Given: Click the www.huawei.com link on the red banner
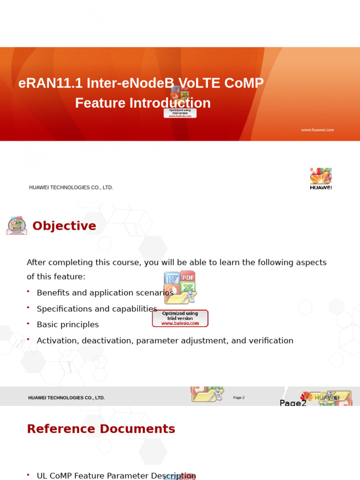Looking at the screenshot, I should pos(317,130).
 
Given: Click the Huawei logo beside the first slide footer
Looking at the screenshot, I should pos(321,179).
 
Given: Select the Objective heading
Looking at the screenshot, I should pos(64,226).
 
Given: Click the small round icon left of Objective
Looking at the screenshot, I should pos(17,225).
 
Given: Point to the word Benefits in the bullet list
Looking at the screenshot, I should pos(52,293).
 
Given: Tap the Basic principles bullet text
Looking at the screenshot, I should pos(67,325).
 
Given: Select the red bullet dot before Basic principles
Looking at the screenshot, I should pos(28,323).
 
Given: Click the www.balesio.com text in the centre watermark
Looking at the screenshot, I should pos(180,323).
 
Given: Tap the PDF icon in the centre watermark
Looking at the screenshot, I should pos(187,277).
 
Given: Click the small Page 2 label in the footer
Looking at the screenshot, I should pos(239,398).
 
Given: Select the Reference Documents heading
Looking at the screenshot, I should pos(101,429).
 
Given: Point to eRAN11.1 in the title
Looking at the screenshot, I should pos(51,83).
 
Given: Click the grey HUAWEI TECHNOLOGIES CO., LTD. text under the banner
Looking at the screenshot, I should pos(71,187).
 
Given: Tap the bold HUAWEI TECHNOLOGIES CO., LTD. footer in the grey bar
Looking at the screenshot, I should pos(66,398).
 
